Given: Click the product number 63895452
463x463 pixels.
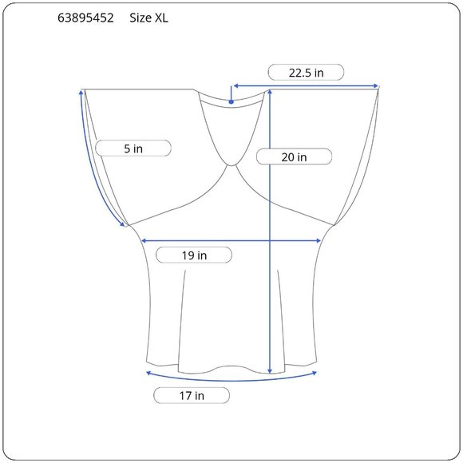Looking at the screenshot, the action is click(85, 18).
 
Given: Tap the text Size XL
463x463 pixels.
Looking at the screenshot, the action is click(148, 18).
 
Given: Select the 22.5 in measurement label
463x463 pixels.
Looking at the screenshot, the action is click(306, 73).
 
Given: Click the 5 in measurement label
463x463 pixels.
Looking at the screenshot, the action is click(133, 148).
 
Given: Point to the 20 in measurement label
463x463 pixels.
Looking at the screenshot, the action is click(294, 157).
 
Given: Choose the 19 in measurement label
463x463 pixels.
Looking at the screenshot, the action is click(194, 255).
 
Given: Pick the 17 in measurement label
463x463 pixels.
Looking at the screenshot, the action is click(192, 396).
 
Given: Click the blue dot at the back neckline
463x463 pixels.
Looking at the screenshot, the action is click(231, 102).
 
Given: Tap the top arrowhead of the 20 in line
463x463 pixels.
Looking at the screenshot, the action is click(270, 92).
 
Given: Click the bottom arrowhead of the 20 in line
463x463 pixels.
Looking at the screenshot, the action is click(270, 371).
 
